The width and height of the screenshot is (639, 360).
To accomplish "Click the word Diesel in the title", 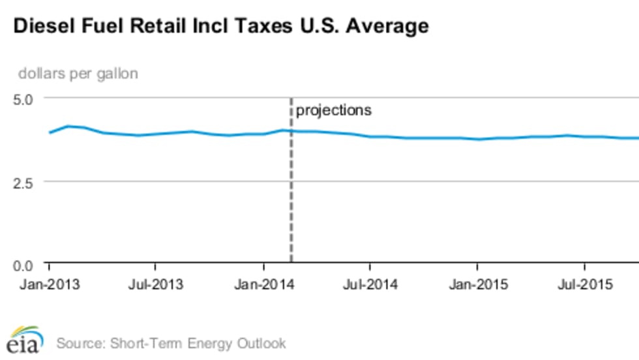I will (40, 27).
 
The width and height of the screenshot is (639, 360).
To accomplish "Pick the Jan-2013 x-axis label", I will (49, 285).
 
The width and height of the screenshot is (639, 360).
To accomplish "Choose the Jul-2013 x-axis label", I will (156, 285).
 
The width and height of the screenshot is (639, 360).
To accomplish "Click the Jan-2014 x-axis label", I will (263, 285).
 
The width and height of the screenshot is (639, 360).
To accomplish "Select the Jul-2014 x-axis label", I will (370, 285).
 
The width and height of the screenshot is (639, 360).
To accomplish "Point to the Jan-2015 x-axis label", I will (477, 285).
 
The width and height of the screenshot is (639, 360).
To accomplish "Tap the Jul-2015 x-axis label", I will (584, 285).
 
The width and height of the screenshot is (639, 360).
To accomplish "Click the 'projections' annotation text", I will (334, 110).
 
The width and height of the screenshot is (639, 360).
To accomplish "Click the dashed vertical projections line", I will (291, 196).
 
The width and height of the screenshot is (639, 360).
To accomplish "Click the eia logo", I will (25, 338).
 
